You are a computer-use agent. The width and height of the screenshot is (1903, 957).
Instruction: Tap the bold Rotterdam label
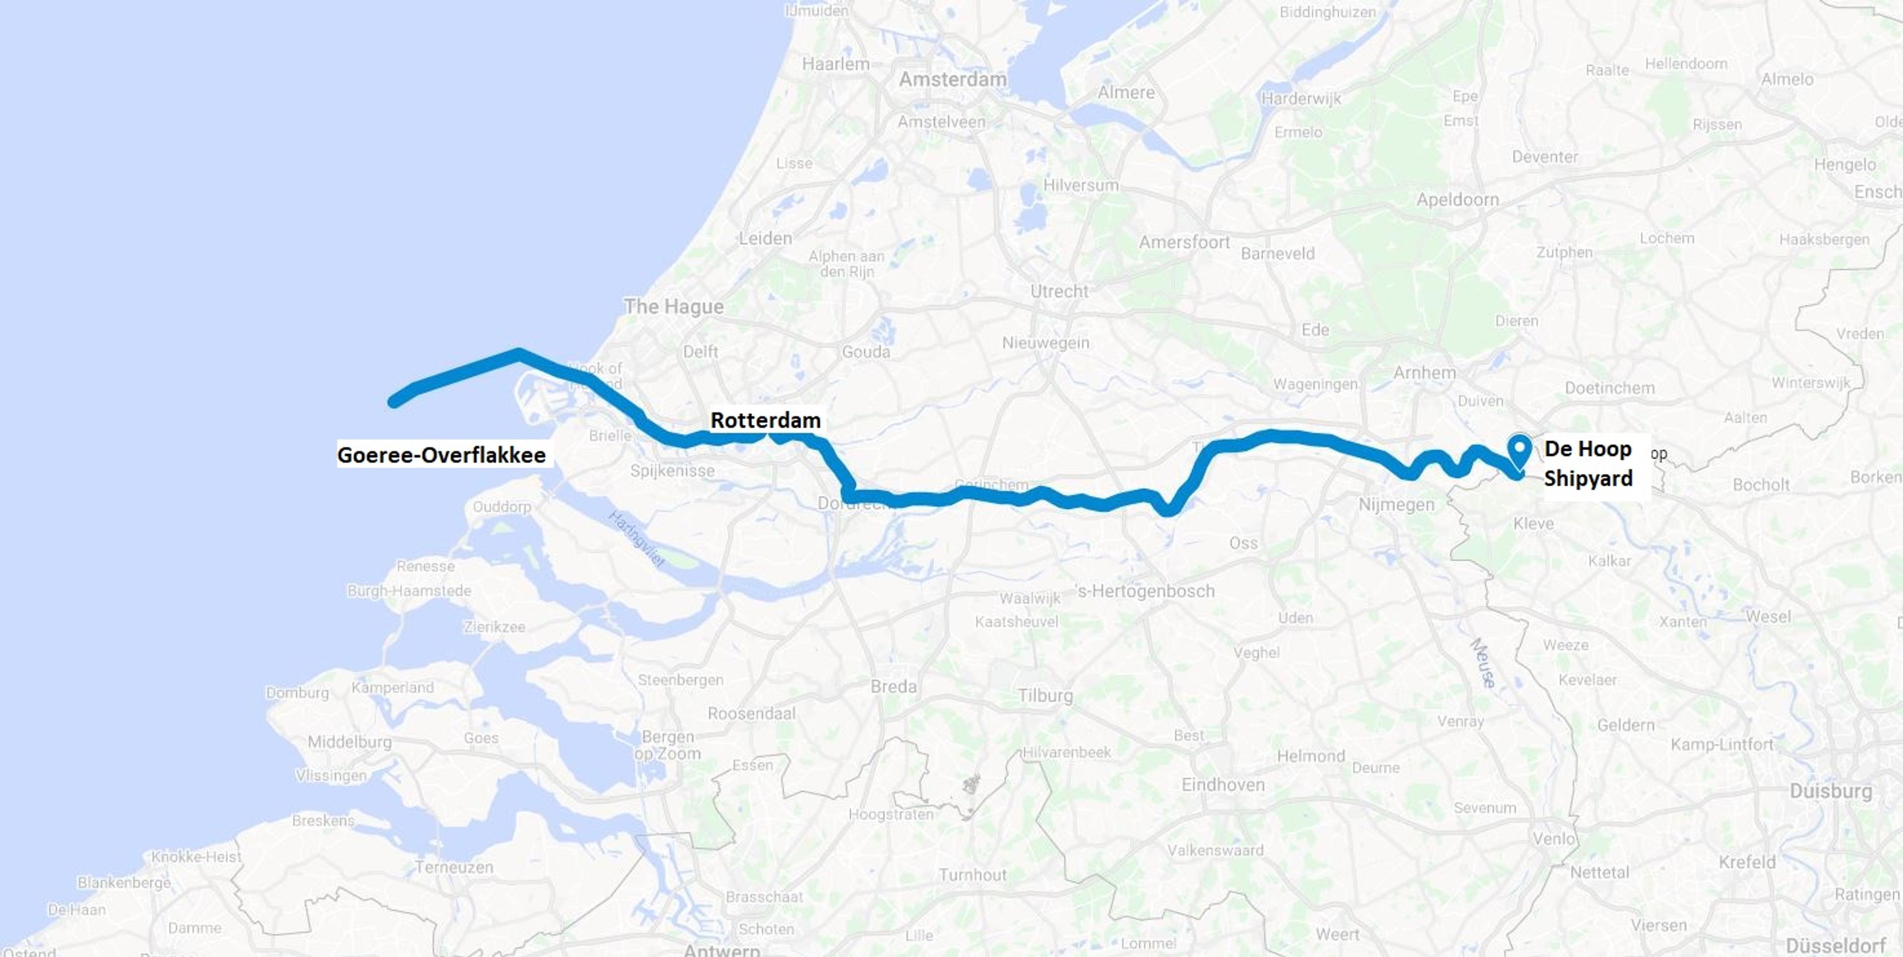pos(765,420)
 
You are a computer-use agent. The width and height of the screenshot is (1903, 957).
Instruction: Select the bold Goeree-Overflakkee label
pos(442,455)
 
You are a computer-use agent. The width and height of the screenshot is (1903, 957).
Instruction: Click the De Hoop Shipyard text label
pos(1588,463)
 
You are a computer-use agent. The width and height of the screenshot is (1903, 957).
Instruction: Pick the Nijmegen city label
pos(1396,505)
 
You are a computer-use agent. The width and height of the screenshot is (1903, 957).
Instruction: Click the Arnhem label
pos(1424,372)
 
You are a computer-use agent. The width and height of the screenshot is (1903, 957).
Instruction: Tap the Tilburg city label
pos(1045,695)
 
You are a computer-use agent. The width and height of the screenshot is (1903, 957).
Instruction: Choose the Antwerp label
pos(721,950)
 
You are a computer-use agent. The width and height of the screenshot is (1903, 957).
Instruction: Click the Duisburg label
pos(1831,791)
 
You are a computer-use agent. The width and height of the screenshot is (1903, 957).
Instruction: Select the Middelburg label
pos(349,742)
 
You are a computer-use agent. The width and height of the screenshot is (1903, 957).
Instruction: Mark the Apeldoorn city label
pos(1457,199)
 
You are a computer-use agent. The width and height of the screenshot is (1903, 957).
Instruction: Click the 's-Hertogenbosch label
pos(1145,591)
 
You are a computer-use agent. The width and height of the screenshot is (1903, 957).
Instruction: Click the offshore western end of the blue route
pos(394,402)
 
